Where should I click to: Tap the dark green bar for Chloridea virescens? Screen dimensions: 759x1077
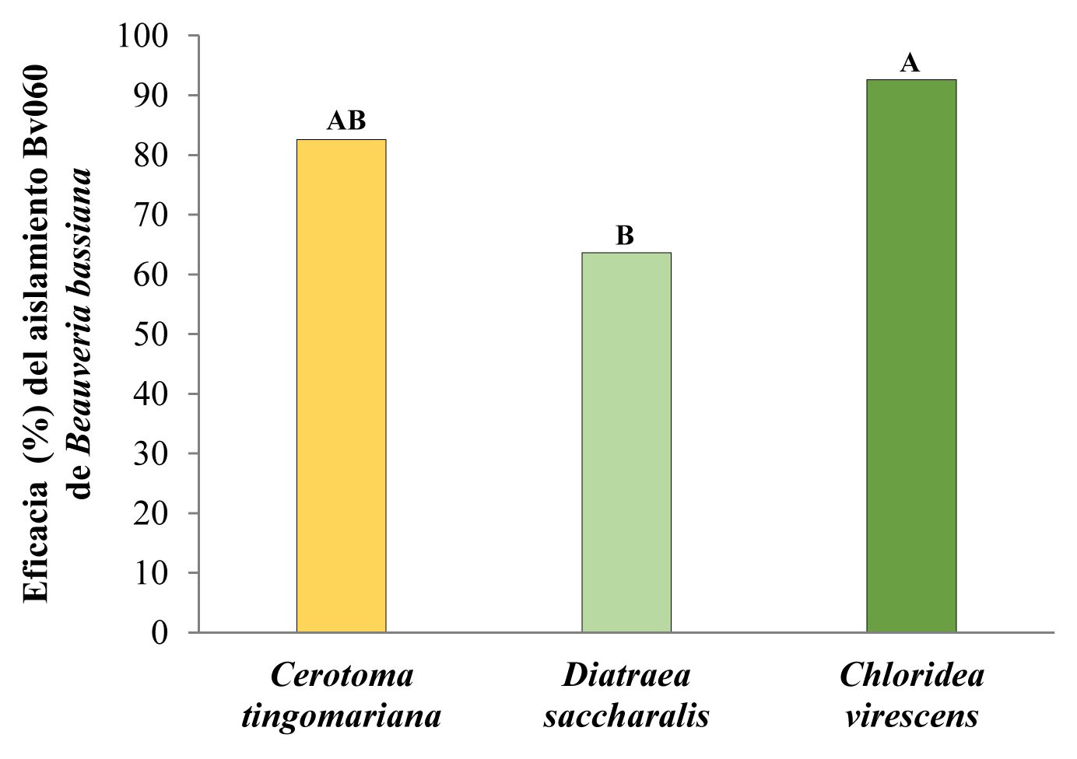click(911, 355)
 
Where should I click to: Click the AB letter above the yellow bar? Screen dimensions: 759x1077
click(346, 121)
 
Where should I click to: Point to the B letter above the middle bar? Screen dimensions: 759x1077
click(625, 236)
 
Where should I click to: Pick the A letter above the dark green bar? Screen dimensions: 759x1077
click(910, 63)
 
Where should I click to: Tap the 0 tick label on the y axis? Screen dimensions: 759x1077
click(160, 633)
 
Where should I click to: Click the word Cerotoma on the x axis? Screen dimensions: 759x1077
click(342, 675)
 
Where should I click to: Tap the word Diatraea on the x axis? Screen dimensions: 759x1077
click(626, 675)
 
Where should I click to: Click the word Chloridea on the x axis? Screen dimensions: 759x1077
click(911, 675)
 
